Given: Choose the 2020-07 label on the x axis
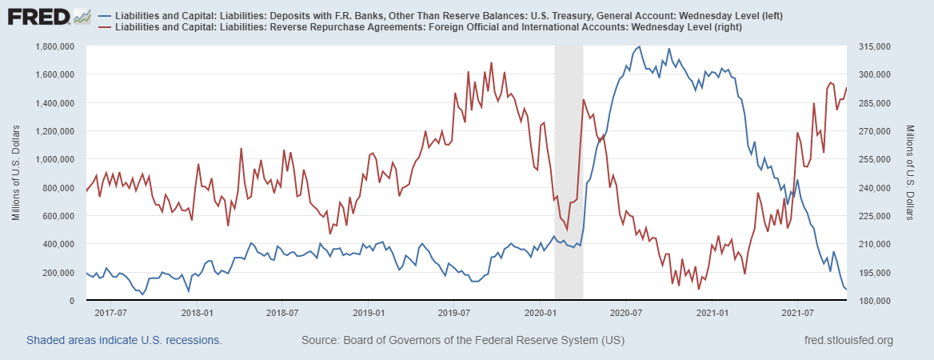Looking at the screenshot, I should [x=625, y=312].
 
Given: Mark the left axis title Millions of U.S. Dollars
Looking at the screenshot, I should [x=16, y=174].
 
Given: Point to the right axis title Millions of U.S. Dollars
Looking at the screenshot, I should [x=911, y=174].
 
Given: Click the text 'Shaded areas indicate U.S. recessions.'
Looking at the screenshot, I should [x=124, y=341].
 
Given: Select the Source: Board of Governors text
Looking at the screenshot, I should [x=462, y=341].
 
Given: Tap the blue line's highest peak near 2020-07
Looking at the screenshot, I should [x=638, y=47].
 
